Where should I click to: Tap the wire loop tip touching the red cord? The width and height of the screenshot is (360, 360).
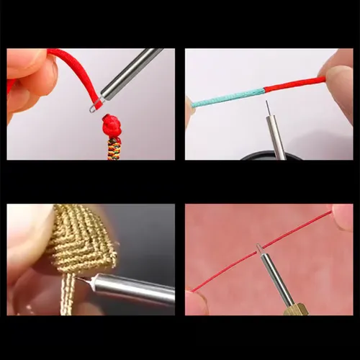point(94,108)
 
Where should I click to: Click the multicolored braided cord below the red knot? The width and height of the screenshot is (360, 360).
point(114,148)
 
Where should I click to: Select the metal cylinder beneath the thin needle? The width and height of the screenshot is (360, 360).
point(273,136)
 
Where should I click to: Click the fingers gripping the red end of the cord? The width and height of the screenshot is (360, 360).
point(338,76)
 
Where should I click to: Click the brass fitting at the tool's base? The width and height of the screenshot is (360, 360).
point(297,309)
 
